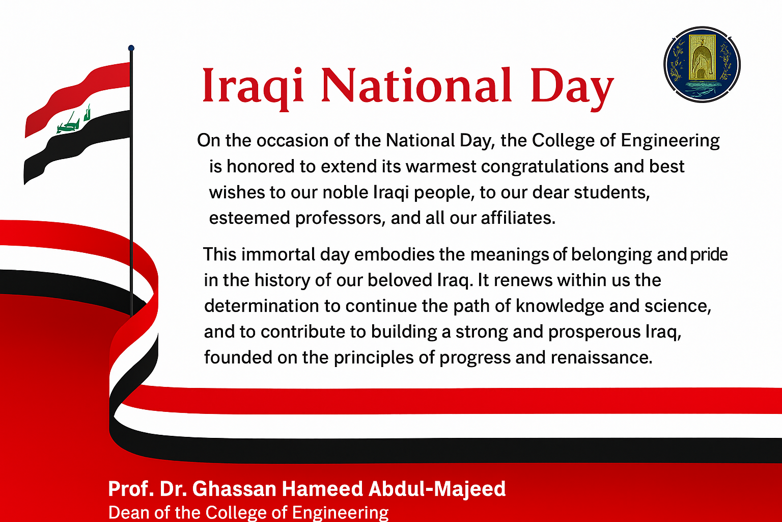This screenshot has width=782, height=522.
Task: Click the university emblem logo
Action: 702,65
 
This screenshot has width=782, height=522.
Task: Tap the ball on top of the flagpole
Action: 131,48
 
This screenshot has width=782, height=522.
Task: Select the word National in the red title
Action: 416,85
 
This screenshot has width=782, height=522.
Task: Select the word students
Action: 611,192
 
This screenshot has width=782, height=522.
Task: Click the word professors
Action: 341,219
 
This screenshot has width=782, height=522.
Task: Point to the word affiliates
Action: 518,218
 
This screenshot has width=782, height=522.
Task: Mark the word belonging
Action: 611,255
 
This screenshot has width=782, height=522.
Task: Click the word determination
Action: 262,306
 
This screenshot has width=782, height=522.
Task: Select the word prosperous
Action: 595,332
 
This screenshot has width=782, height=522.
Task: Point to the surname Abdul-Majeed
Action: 437,489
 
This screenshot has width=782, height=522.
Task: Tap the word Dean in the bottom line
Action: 129,512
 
